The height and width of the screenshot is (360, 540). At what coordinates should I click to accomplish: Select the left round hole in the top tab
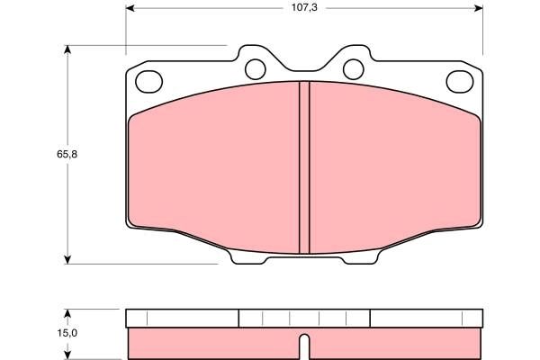click(x=255, y=67)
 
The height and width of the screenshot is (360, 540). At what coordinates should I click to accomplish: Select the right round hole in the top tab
click(x=353, y=67)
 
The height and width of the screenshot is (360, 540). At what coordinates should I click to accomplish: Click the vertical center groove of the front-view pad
click(x=304, y=166)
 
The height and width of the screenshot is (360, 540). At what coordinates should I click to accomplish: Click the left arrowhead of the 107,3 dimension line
click(x=130, y=8)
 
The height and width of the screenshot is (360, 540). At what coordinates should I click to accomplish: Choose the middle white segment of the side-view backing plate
click(x=304, y=318)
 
